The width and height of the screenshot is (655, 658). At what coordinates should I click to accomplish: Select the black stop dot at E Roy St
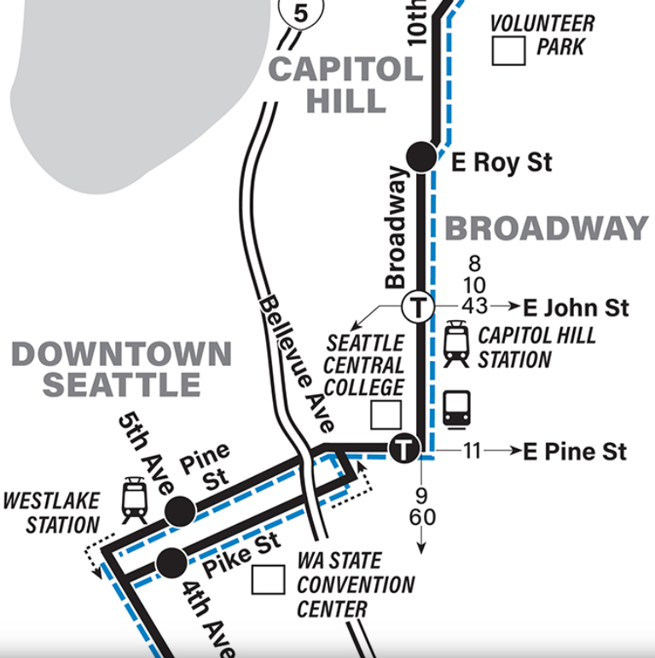(x=422, y=156)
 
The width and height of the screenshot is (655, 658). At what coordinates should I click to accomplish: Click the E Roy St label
(x=501, y=162)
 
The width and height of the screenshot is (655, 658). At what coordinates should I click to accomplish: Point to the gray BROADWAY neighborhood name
(x=547, y=228)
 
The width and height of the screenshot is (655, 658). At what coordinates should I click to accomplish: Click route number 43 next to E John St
(x=474, y=306)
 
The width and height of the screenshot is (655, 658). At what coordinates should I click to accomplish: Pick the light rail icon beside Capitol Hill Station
(x=456, y=344)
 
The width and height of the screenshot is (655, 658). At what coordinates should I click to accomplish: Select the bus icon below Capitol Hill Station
(x=456, y=408)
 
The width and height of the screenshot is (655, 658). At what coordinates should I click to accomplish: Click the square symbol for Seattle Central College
(x=385, y=415)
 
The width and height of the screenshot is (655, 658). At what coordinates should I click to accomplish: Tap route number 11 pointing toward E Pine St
(x=472, y=451)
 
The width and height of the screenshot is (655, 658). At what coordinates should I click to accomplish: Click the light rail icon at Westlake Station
(x=135, y=499)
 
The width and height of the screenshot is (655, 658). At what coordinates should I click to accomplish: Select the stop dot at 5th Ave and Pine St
(x=178, y=512)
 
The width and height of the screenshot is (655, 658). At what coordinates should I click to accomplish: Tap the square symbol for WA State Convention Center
(x=269, y=580)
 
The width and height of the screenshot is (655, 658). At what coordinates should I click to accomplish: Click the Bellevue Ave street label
(x=298, y=363)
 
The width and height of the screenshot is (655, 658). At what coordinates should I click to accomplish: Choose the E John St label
(x=576, y=307)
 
